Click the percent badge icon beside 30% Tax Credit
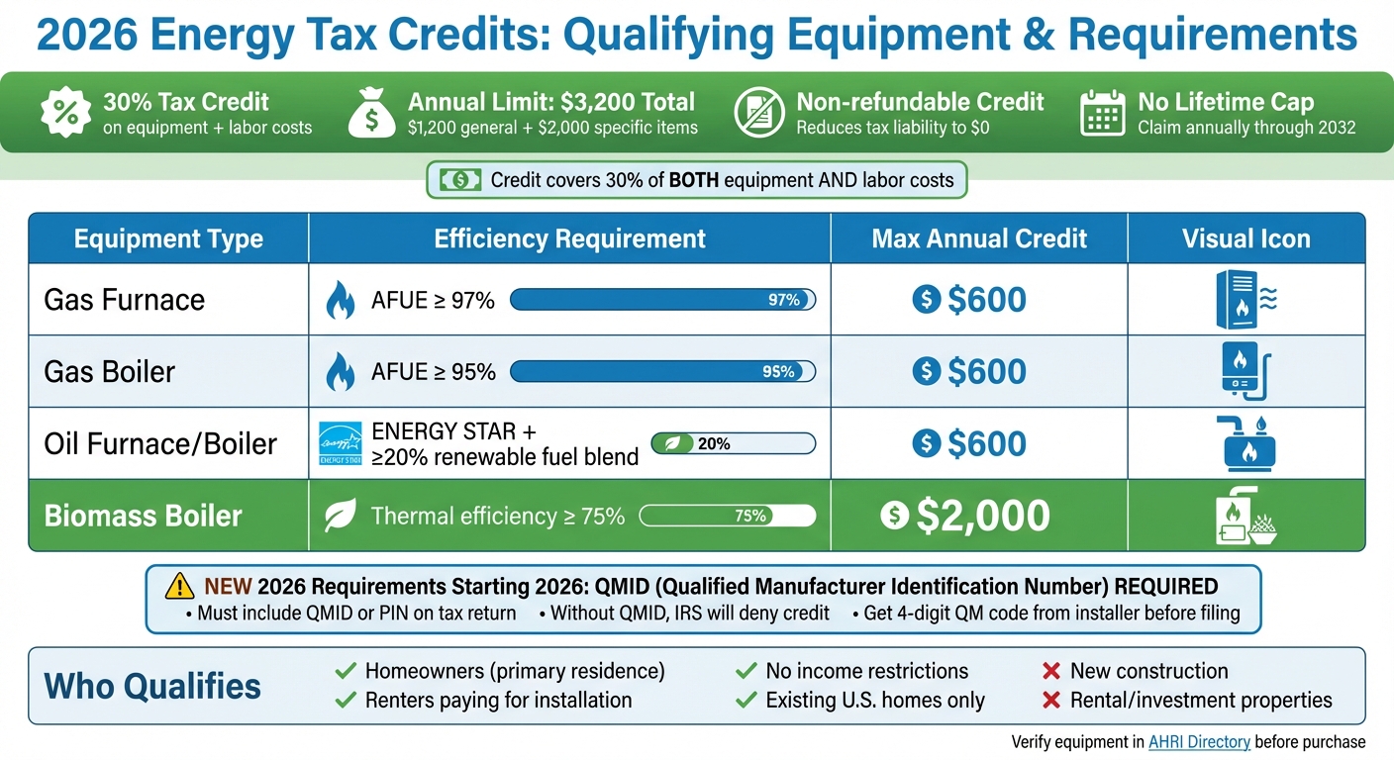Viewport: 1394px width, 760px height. pyautogui.click(x=65, y=113)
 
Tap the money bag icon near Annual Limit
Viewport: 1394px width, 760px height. pyautogui.click(x=371, y=113)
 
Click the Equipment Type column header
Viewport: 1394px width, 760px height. pyautogui.click(x=168, y=238)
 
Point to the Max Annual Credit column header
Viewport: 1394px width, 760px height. pyautogui.click(x=979, y=238)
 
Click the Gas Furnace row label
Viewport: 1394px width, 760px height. pyautogui.click(x=125, y=300)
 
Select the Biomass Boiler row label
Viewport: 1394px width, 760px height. pyautogui.click(x=144, y=516)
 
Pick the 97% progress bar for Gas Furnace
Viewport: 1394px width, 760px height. pyautogui.click(x=661, y=300)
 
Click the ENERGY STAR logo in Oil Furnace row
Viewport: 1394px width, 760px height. pyautogui.click(x=341, y=443)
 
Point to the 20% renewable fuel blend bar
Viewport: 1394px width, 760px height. pyautogui.click(x=733, y=443)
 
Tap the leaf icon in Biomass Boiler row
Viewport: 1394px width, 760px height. pyautogui.click(x=341, y=516)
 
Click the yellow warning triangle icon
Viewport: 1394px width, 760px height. pyautogui.click(x=179, y=587)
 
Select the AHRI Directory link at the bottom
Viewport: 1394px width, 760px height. pyautogui.click(x=1199, y=742)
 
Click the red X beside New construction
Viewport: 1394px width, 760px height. pyautogui.click(x=1051, y=672)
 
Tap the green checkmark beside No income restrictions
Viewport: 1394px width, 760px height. pyautogui.click(x=747, y=672)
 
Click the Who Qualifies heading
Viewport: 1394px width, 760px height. pyautogui.click(x=152, y=686)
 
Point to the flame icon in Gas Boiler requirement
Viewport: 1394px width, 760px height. pyautogui.click(x=341, y=372)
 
